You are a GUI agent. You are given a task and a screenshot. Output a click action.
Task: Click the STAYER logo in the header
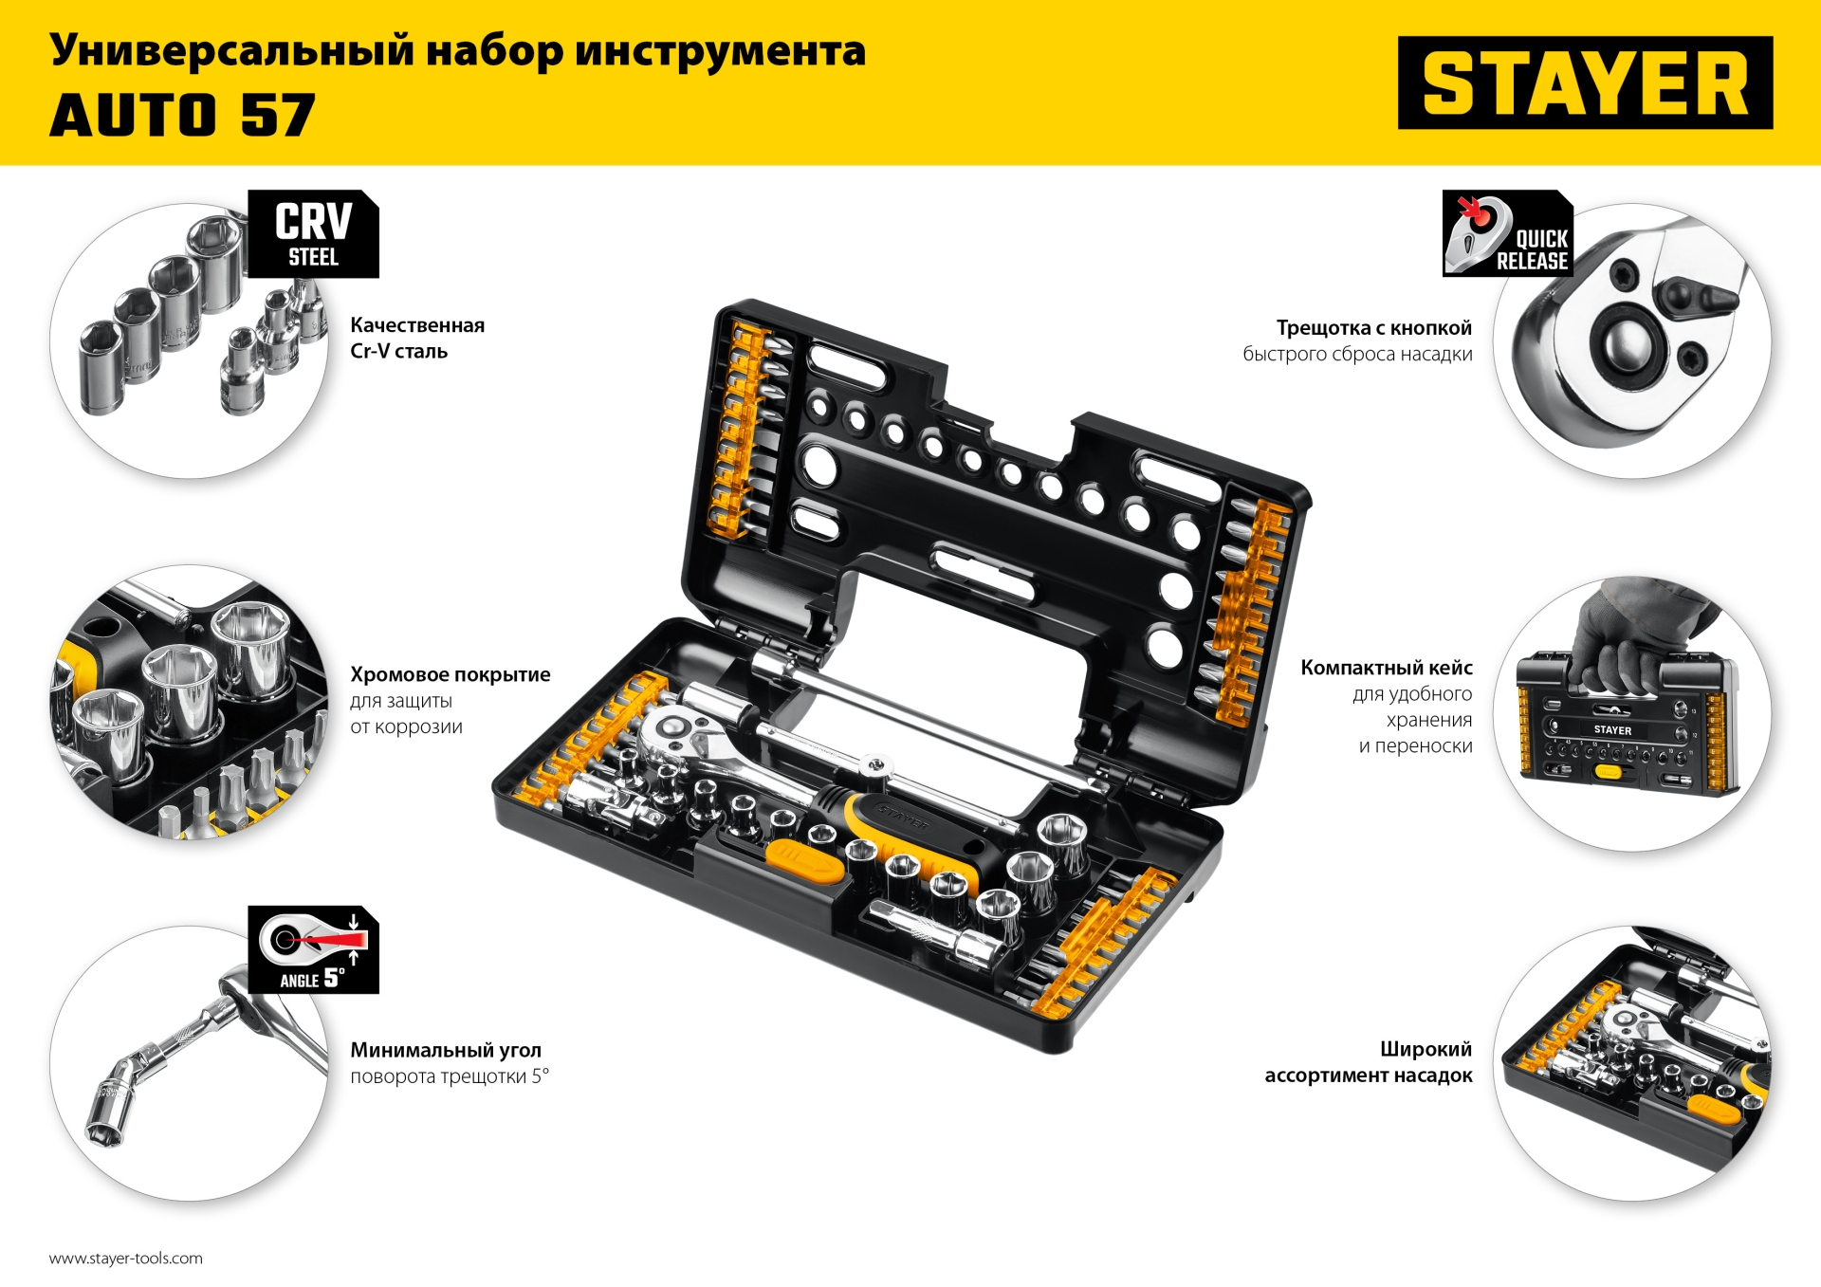click(x=1585, y=83)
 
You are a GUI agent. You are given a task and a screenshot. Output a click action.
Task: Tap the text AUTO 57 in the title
click(x=182, y=116)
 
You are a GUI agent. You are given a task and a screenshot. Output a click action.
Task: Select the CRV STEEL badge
click(x=313, y=234)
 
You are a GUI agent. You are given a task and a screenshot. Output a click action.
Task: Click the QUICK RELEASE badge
click(x=1507, y=234)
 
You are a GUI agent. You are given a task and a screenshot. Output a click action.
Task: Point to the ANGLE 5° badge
click(x=313, y=950)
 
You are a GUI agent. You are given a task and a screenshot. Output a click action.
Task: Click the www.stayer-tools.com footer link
click(x=126, y=1259)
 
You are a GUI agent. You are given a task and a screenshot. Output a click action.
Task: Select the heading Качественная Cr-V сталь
click(x=417, y=339)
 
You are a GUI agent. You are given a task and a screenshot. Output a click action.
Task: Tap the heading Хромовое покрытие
click(x=450, y=674)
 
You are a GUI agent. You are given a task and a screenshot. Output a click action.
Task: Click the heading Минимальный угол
click(x=446, y=1050)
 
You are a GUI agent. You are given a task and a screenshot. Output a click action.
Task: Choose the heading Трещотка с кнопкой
click(x=1373, y=328)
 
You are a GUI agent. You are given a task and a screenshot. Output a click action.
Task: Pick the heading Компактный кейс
click(x=1386, y=668)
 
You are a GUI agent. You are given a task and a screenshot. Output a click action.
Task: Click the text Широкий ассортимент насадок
click(x=1369, y=1062)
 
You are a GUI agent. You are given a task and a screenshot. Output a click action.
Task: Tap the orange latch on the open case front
click(x=804, y=860)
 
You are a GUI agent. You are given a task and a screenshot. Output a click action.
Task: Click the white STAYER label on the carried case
click(x=1612, y=730)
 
